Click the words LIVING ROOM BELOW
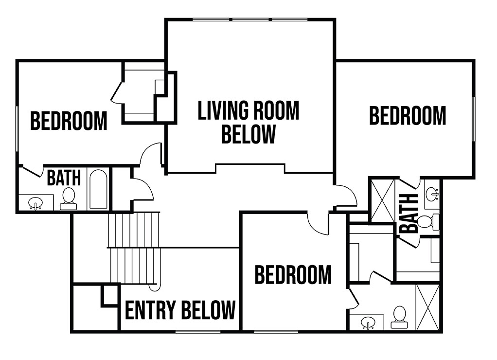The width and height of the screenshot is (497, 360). click(x=248, y=122)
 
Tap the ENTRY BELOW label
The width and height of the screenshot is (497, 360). click(x=180, y=310)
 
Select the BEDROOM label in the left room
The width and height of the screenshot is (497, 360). click(x=69, y=121)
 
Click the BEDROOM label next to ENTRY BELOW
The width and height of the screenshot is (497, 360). click(x=293, y=275)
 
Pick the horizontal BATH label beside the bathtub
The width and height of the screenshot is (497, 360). click(x=64, y=178)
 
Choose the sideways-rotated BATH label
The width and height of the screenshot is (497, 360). click(x=408, y=214)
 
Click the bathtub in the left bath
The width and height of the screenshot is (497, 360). click(x=98, y=189)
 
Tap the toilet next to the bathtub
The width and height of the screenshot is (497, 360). click(x=69, y=199)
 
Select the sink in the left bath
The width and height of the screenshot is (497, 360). click(x=35, y=203)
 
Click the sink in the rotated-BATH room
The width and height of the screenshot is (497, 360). click(x=432, y=194)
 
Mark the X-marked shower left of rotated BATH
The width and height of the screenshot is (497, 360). click(x=383, y=200)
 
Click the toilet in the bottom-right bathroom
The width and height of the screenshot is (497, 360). click(x=399, y=317)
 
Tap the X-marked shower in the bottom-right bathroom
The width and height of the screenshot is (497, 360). click(x=427, y=307)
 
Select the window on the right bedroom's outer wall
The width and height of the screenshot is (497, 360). click(x=474, y=119)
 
